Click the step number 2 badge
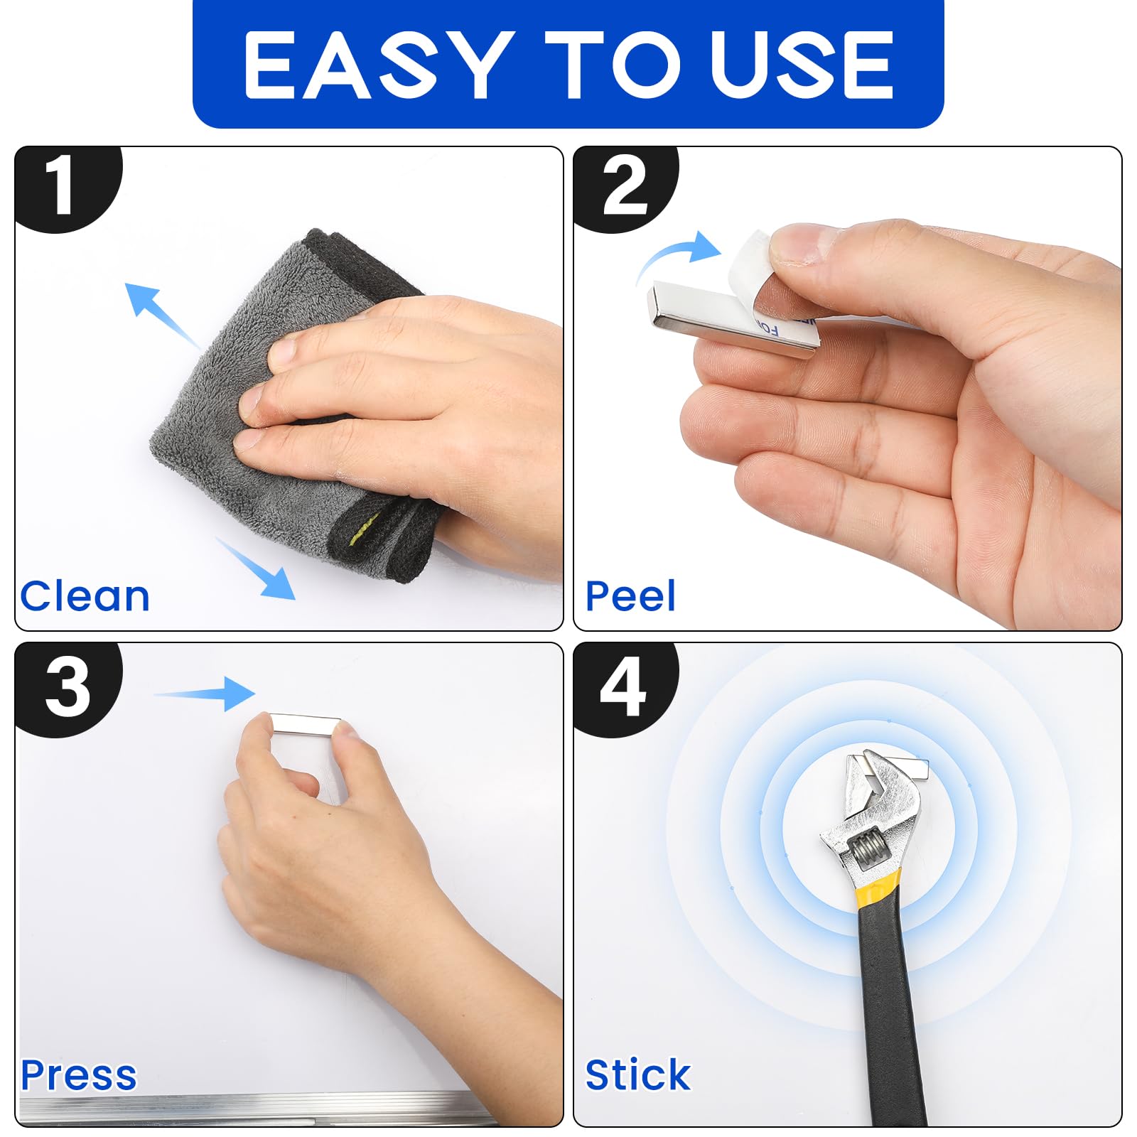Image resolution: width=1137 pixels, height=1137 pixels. (x=625, y=188)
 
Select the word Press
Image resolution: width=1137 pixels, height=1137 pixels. (x=78, y=1074)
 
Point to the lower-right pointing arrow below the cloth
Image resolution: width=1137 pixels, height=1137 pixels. (x=256, y=568)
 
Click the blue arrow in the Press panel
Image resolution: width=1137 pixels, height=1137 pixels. (x=205, y=694)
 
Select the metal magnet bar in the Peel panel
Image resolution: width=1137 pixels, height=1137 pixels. (x=732, y=318)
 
